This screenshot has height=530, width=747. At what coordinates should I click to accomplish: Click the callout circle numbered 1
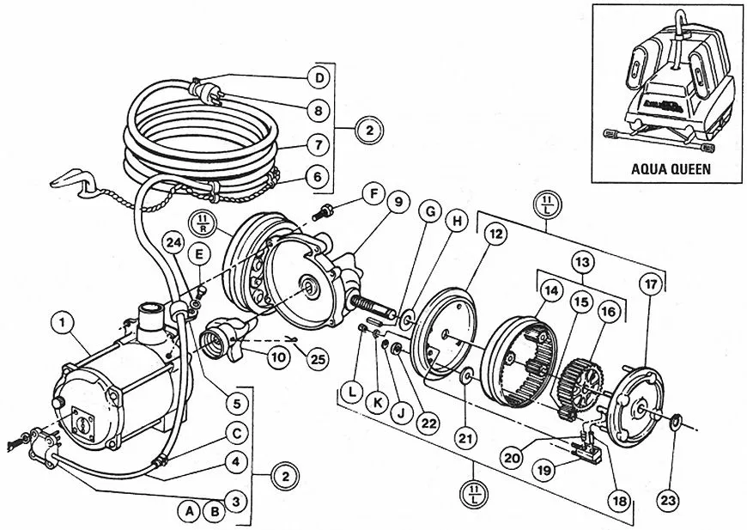click(63, 323)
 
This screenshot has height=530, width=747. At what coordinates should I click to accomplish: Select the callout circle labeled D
click(319, 77)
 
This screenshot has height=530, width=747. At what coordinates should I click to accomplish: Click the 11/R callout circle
click(203, 224)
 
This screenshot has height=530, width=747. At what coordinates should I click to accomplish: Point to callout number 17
click(651, 284)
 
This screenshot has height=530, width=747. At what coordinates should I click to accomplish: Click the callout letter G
click(431, 212)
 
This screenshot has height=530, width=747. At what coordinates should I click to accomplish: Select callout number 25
click(318, 358)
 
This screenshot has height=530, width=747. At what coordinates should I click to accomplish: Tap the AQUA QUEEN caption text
click(671, 168)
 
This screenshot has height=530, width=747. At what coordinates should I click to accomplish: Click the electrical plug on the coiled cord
click(206, 92)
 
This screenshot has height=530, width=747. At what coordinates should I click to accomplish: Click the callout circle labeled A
click(189, 511)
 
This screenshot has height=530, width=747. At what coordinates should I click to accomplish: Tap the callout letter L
click(352, 392)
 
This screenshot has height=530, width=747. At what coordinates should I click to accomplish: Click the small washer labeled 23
click(675, 421)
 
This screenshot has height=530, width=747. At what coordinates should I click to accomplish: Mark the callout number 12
click(495, 234)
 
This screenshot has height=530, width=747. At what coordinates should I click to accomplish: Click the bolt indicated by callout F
click(321, 212)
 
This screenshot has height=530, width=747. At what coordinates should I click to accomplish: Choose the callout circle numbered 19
click(544, 471)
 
